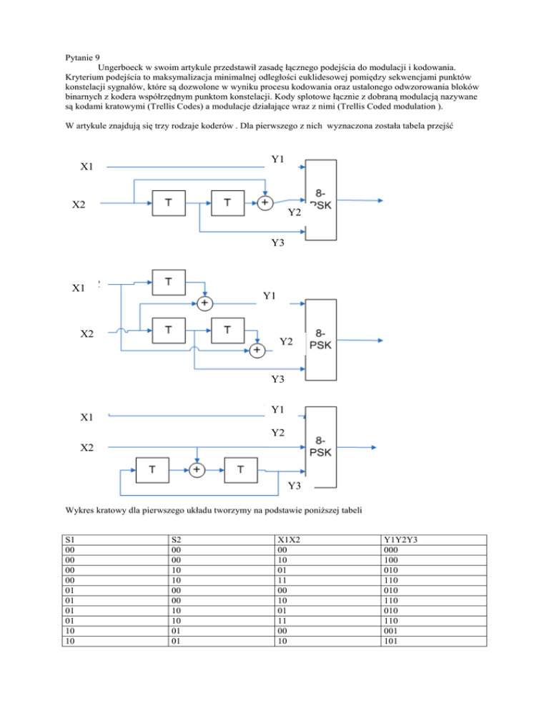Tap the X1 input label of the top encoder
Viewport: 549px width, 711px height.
pyautogui.click(x=88, y=167)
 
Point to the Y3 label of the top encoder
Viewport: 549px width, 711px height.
pyautogui.click(x=278, y=243)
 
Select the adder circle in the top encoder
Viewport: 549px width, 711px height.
pyautogui.click(x=264, y=202)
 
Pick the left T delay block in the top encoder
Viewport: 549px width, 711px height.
pyautogui.click(x=168, y=202)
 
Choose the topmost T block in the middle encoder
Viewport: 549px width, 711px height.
pyautogui.click(x=168, y=281)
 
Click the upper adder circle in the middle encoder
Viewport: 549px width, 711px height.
pyautogui.click(x=205, y=303)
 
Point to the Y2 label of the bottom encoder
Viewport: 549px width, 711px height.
pyautogui.click(x=279, y=432)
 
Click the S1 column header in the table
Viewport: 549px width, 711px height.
pyautogui.click(x=70, y=540)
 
